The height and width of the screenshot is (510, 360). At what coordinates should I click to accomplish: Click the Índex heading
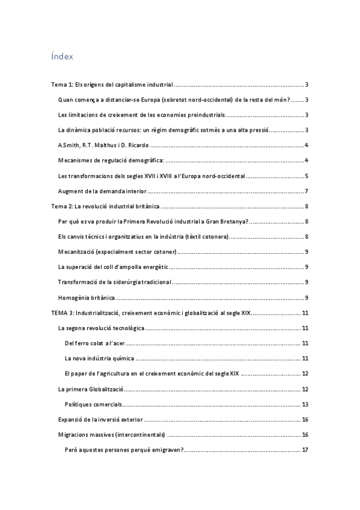(63, 57)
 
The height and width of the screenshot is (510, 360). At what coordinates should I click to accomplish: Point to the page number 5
(307, 176)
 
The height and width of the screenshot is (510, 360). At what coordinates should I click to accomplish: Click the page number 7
(307, 191)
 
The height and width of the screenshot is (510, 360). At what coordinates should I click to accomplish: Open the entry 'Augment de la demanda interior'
(102, 191)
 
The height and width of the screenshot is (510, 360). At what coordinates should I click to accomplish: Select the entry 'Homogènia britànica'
(86, 297)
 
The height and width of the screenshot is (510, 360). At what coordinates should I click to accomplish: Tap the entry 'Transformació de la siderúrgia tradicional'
(114, 282)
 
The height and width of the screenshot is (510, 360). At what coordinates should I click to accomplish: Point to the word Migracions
(73, 434)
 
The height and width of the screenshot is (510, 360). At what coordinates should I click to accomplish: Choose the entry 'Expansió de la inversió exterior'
(100, 419)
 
